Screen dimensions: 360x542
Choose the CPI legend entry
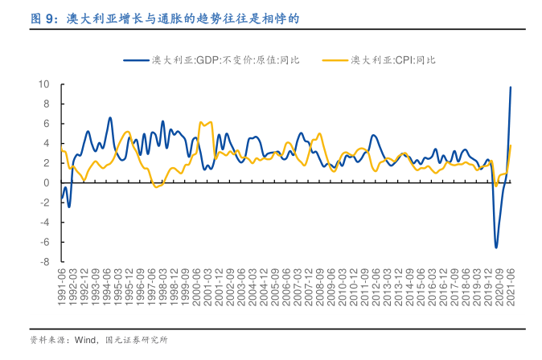[x=393, y=59]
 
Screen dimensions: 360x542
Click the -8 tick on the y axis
[x=46, y=262]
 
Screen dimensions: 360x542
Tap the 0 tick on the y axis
[x=47, y=183]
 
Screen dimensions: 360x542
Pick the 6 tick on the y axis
[x=47, y=124]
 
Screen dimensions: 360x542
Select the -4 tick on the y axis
[x=46, y=223]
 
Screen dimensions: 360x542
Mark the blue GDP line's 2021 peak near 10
[x=511, y=87]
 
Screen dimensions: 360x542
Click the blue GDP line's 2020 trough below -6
[x=495, y=247]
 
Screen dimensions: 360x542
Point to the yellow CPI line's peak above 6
[x=207, y=122]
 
